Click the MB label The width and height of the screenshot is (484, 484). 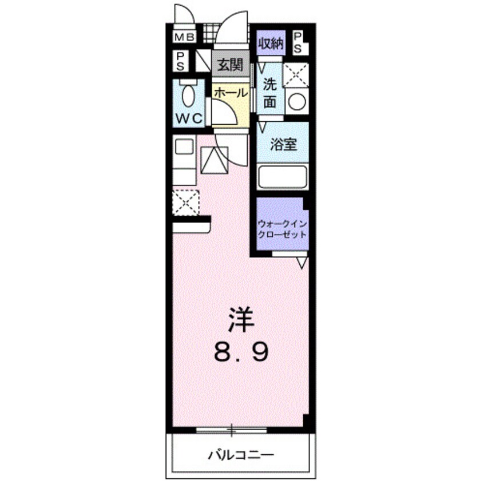(184, 38)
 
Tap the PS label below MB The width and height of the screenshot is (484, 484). (180, 61)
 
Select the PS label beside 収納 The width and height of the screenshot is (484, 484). (299, 42)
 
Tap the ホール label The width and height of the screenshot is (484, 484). (231, 92)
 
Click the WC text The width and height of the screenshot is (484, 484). (188, 118)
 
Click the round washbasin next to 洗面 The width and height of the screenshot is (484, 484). (297, 102)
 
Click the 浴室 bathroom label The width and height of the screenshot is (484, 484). (283, 144)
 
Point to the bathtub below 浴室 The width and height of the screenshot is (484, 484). (283, 175)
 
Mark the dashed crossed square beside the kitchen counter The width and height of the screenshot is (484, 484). (185, 202)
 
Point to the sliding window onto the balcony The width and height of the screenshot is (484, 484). (232, 429)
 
